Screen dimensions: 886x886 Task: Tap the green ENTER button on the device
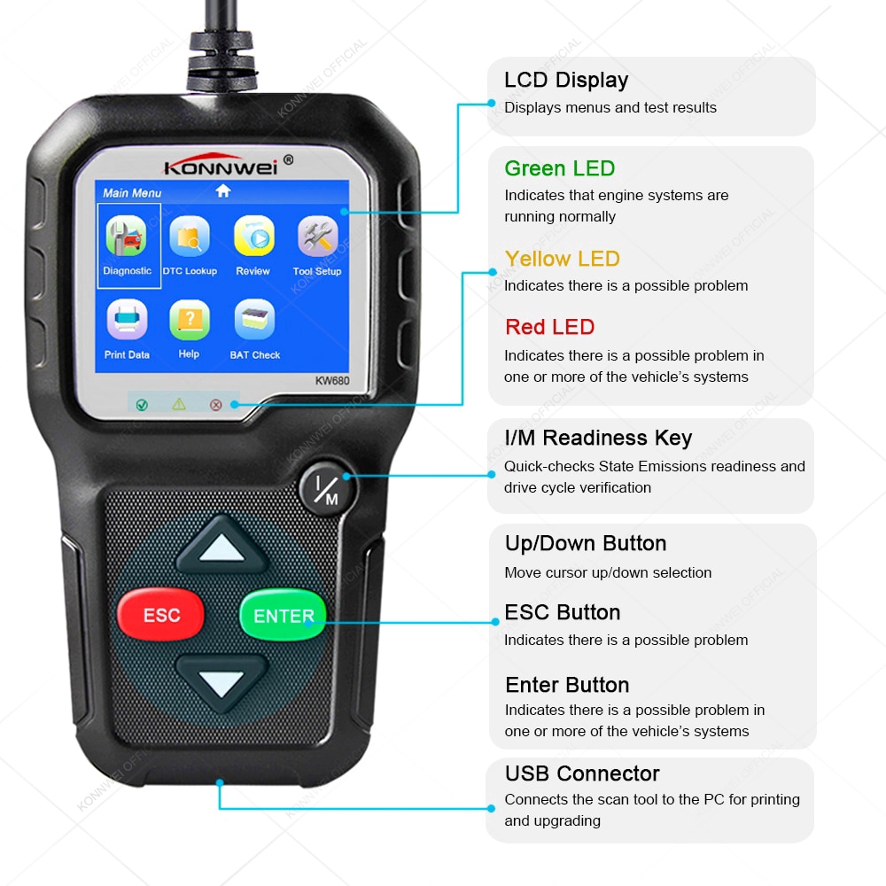click(x=284, y=616)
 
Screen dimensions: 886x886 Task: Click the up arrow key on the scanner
click(x=221, y=551)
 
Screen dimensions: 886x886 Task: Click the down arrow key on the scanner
click(x=221, y=682)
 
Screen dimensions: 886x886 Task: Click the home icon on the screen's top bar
click(x=222, y=190)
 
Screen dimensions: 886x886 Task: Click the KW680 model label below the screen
click(x=332, y=381)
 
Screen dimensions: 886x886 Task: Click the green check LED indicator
click(x=142, y=404)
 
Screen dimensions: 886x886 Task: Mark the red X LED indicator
click(x=215, y=404)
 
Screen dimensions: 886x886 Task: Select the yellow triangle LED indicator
click(x=179, y=404)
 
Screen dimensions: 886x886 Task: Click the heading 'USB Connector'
click(x=582, y=773)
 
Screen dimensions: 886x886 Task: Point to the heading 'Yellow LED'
click(x=562, y=259)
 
